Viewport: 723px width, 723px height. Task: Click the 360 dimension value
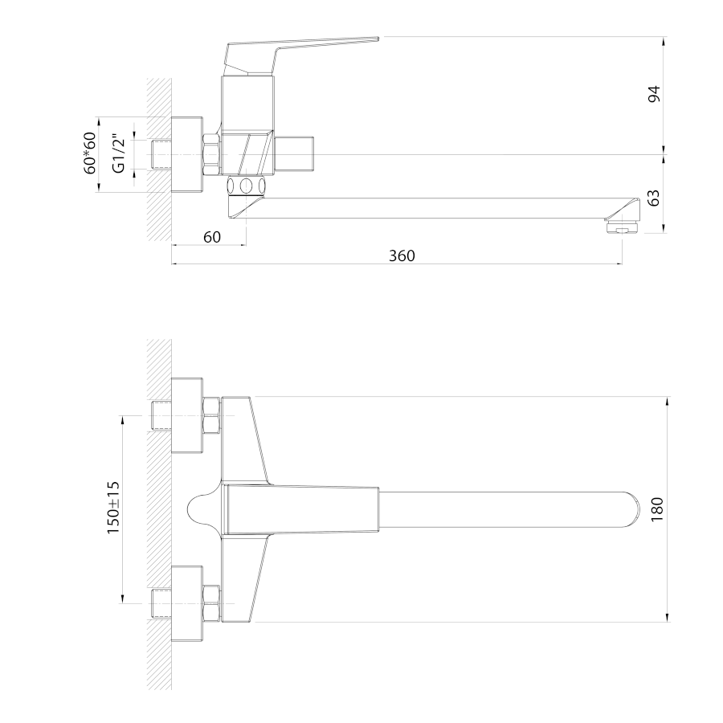pos(402,255)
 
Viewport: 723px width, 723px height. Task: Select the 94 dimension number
pos(654,94)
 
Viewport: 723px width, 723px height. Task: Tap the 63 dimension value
pos(654,198)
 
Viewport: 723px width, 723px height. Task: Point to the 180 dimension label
pos(657,509)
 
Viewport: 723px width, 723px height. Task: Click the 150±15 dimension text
pos(113,507)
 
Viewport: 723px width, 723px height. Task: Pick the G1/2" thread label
pos(119,153)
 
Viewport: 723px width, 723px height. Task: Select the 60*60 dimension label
pos(90,153)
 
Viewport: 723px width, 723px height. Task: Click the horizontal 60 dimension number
pos(211,237)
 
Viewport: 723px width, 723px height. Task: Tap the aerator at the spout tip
pos(622,227)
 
